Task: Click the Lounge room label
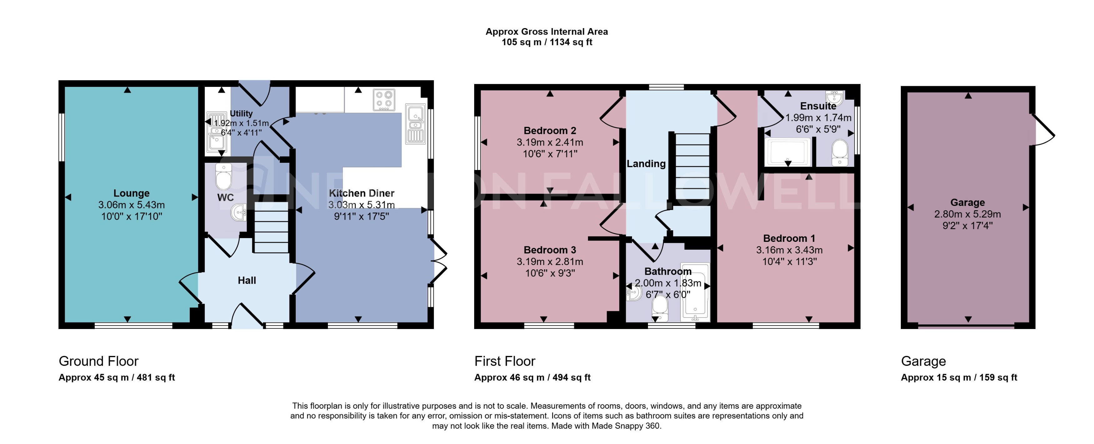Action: coord(131,193)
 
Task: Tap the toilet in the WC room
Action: coord(223,177)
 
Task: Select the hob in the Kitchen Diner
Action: coord(384,100)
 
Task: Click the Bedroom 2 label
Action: coord(550,131)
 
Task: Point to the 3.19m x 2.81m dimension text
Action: coord(550,262)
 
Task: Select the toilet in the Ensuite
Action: coord(839,153)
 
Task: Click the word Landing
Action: coord(646,164)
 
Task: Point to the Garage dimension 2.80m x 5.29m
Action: coord(967,214)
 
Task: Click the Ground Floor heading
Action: coord(98,361)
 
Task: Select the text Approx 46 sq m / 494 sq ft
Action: coord(532,377)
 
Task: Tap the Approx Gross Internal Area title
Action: coord(547,32)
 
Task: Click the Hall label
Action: coord(247,281)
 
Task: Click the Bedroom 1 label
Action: coord(789,238)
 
